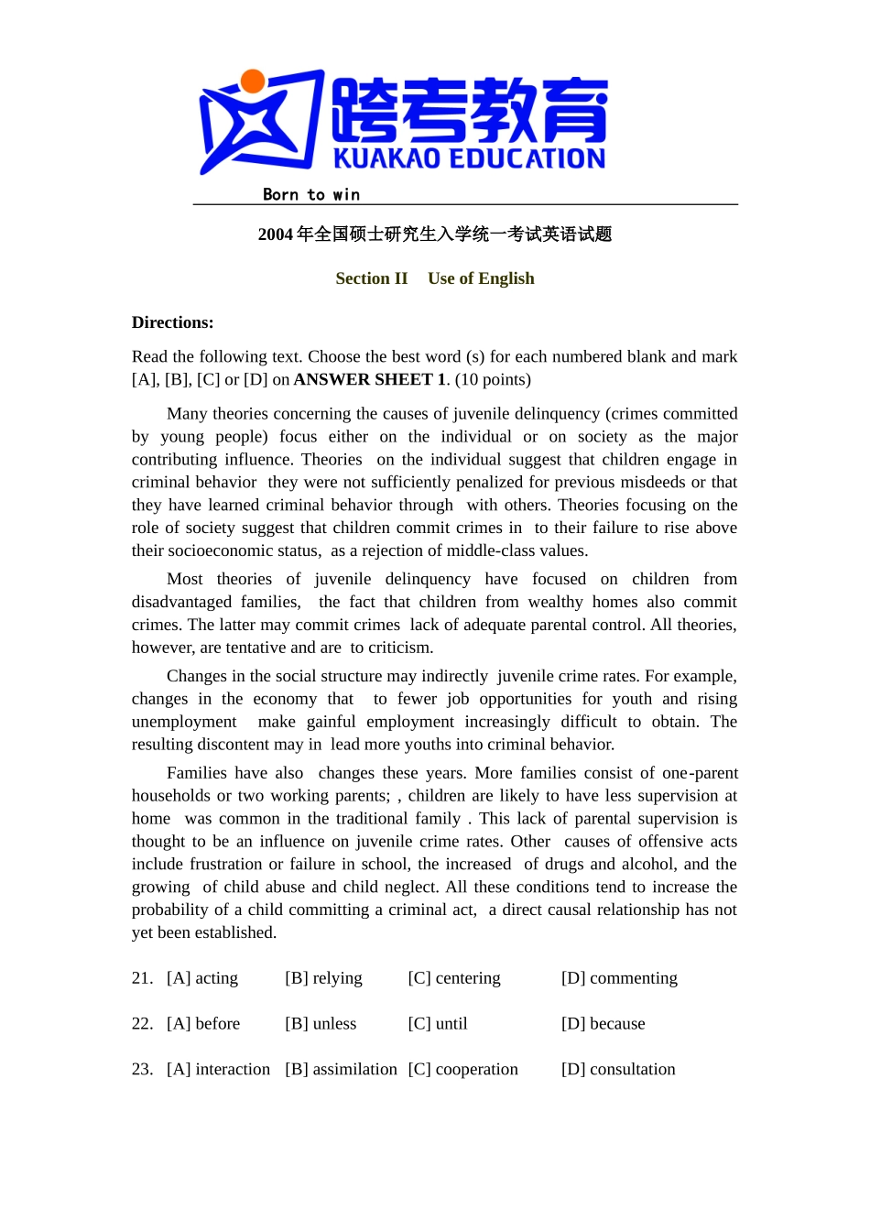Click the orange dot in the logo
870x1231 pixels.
pyautogui.click(x=253, y=82)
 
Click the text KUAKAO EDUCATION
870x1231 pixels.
pyautogui.click(x=469, y=159)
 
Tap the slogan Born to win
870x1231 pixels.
pyautogui.click(x=311, y=194)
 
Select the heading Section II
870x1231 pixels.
pyautogui.click(x=371, y=278)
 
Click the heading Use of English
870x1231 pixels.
pyautogui.click(x=481, y=278)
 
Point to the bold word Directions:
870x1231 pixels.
pyautogui.click(x=172, y=322)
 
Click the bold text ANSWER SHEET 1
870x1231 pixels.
pyautogui.click(x=370, y=379)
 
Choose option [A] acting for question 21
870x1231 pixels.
pyautogui.click(x=202, y=978)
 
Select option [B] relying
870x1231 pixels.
pyautogui.click(x=323, y=978)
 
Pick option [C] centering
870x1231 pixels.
pyautogui.click(x=454, y=978)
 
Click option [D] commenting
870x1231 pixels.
pyautogui.click(x=619, y=978)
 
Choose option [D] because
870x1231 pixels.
pyautogui.click(x=603, y=1024)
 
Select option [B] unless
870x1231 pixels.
pyautogui.click(x=321, y=1024)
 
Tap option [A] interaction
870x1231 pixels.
pyautogui.click(x=218, y=1070)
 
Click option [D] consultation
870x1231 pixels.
pyautogui.click(x=618, y=1070)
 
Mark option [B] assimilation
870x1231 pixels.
pyautogui.click(x=341, y=1070)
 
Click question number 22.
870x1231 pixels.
pyautogui.click(x=142, y=1024)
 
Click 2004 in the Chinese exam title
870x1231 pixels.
pyautogui.click(x=275, y=234)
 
